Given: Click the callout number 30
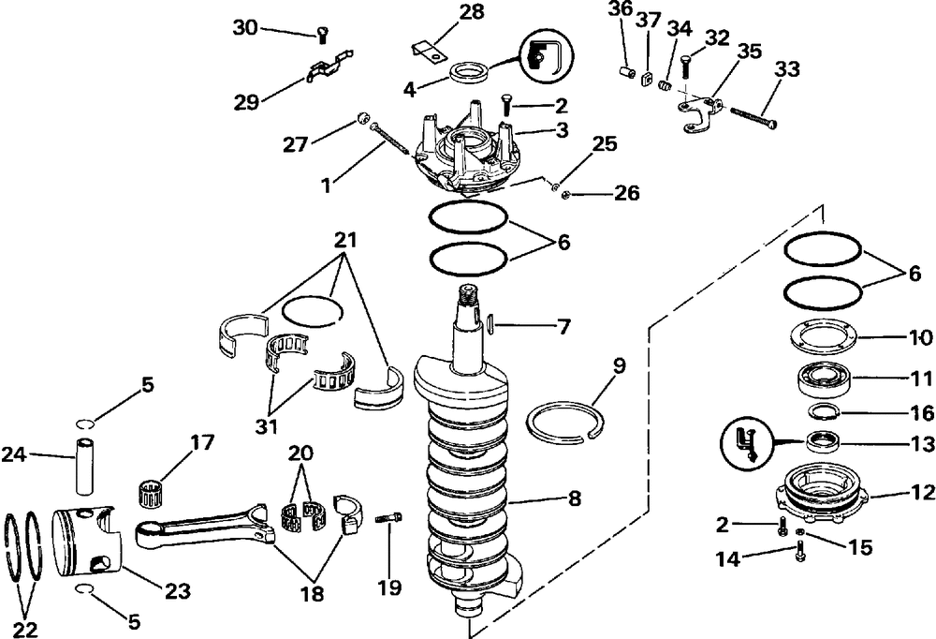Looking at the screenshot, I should click(245, 27).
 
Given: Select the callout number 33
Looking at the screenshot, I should click(788, 69).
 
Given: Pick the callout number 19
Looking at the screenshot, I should click(389, 587).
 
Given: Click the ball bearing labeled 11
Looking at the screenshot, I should click(824, 380).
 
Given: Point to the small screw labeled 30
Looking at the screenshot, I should click(321, 35).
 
